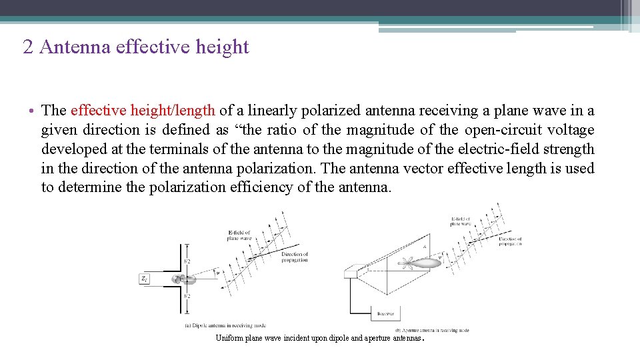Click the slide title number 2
click(x=27, y=47)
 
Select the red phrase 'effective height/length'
click(x=143, y=111)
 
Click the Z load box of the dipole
click(x=145, y=279)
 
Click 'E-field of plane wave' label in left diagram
click(x=238, y=235)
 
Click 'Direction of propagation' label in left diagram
click(x=294, y=257)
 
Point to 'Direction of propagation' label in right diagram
click(x=510, y=241)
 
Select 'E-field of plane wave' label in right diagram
click(x=460, y=221)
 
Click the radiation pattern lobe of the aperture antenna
click(x=427, y=263)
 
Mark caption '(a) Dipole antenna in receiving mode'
click(x=225, y=325)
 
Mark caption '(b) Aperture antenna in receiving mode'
click(x=432, y=330)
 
